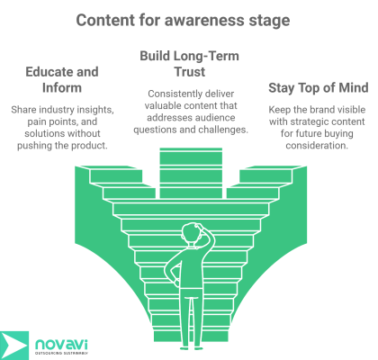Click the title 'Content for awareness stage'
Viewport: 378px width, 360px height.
click(188, 19)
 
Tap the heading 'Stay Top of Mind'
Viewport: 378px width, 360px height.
click(317, 87)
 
